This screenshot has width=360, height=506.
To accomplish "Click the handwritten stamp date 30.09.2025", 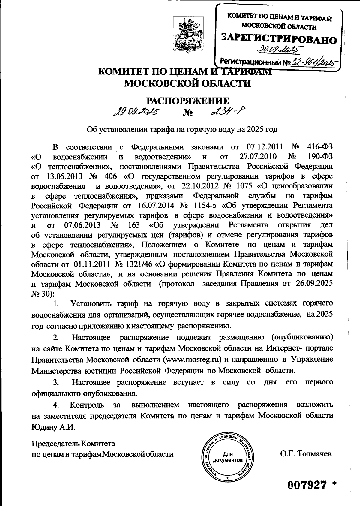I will [280, 49].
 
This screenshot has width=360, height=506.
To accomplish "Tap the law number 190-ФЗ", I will [320, 157].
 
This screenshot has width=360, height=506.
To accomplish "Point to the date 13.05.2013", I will [64, 176].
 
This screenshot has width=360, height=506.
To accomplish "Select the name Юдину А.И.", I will [53, 427].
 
